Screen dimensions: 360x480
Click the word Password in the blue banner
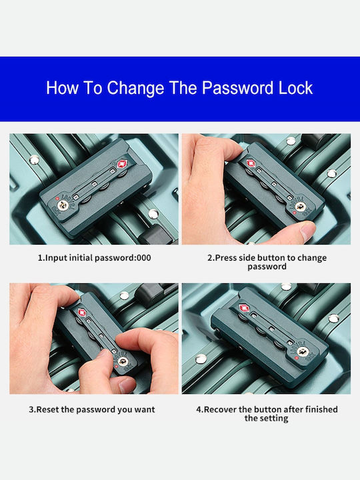click(x=237, y=88)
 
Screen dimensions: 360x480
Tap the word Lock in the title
click(x=295, y=88)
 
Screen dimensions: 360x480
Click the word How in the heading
click(x=63, y=88)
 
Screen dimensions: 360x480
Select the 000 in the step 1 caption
click(x=144, y=258)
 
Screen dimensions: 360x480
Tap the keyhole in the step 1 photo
click(x=63, y=205)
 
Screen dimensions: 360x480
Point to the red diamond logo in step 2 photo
click(x=251, y=163)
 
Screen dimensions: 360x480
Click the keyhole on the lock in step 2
click(x=301, y=207)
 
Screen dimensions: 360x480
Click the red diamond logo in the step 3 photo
click(x=82, y=313)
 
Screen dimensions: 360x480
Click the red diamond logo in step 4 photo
click(x=244, y=308)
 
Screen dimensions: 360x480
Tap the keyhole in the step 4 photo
click(x=303, y=352)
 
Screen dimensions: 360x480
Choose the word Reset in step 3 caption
click(x=47, y=409)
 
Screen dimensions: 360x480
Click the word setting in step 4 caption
click(x=274, y=419)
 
